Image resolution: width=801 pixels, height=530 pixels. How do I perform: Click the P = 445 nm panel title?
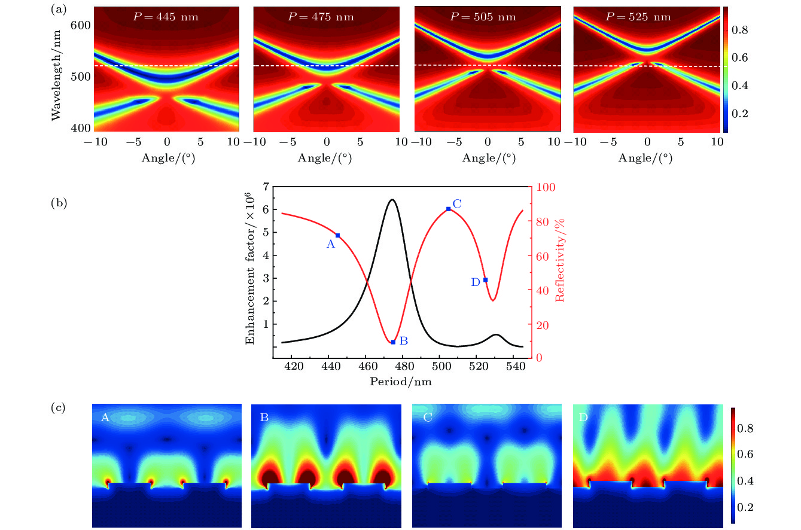coord(166,17)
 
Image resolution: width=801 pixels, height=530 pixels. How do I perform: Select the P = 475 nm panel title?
coord(321,17)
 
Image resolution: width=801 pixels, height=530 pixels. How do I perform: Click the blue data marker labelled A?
coord(338,236)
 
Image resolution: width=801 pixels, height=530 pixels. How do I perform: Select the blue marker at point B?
coord(393,342)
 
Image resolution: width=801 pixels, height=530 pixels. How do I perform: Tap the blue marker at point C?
coord(448,209)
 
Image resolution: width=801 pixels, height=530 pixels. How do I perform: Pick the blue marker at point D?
coord(485,280)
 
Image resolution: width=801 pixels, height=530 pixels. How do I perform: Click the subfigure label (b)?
coord(59,203)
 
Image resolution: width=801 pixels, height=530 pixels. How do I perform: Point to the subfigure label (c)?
coord(59,409)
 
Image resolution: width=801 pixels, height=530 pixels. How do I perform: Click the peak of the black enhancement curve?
coord(392,200)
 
